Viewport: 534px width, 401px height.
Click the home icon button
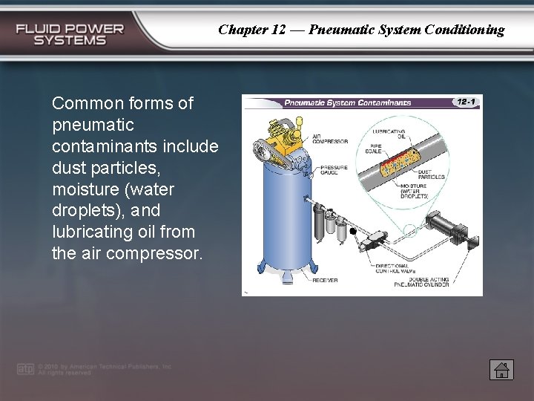pyautogui.click(x=501, y=369)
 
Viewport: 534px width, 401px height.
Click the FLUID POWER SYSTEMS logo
pyautogui.click(x=70, y=34)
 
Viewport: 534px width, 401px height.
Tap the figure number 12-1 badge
pyautogui.click(x=466, y=102)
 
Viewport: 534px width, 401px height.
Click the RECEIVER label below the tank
pyautogui.click(x=325, y=280)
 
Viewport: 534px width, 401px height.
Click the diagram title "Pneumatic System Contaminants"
pyautogui.click(x=348, y=102)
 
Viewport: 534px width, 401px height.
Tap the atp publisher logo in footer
pyautogui.click(x=25, y=369)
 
